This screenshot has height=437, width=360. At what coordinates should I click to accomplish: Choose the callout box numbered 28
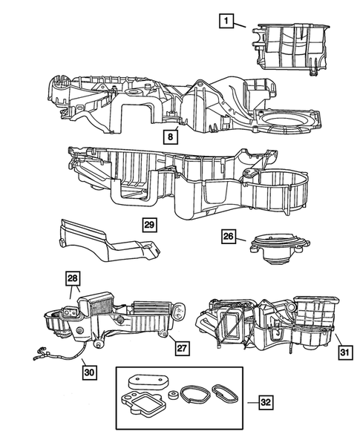click(72, 279)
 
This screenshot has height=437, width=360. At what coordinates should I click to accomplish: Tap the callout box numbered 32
click(266, 402)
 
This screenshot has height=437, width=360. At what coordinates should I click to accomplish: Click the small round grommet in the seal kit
click(172, 395)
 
